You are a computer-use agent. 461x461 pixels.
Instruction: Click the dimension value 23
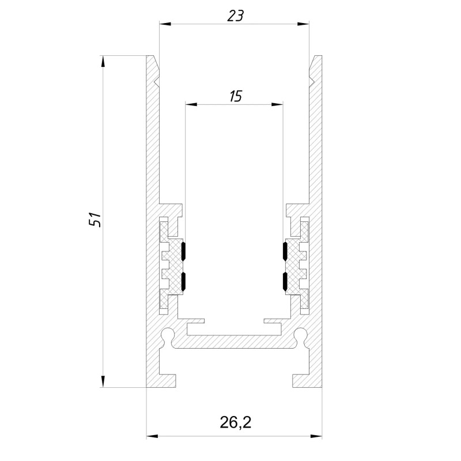pos(235,16)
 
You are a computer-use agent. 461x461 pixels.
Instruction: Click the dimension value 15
pos(236,96)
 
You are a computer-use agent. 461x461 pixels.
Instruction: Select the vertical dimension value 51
pos(95,219)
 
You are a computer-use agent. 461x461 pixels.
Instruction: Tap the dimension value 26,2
pos(236,422)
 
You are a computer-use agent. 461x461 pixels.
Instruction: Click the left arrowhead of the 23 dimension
pos(165,24)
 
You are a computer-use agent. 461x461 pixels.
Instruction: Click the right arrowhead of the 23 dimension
pos(303,24)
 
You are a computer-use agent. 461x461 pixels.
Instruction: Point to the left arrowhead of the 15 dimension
pos(191,104)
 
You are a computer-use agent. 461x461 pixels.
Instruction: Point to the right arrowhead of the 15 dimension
pos(277,104)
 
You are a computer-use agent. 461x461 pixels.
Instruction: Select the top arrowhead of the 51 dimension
pos(103,62)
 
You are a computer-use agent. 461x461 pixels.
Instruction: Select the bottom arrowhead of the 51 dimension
pos(103,381)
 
